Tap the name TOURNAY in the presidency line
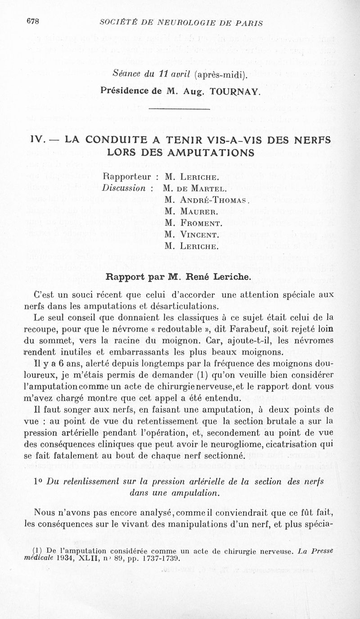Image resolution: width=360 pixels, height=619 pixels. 236,92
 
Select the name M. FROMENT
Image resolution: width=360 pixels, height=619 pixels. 194,223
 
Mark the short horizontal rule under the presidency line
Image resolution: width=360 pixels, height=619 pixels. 179,109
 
